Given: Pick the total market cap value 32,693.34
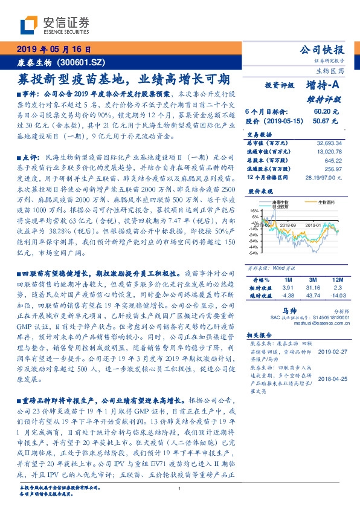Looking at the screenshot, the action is tap(329, 142).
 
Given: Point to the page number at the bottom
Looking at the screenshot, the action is tap(179, 488).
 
